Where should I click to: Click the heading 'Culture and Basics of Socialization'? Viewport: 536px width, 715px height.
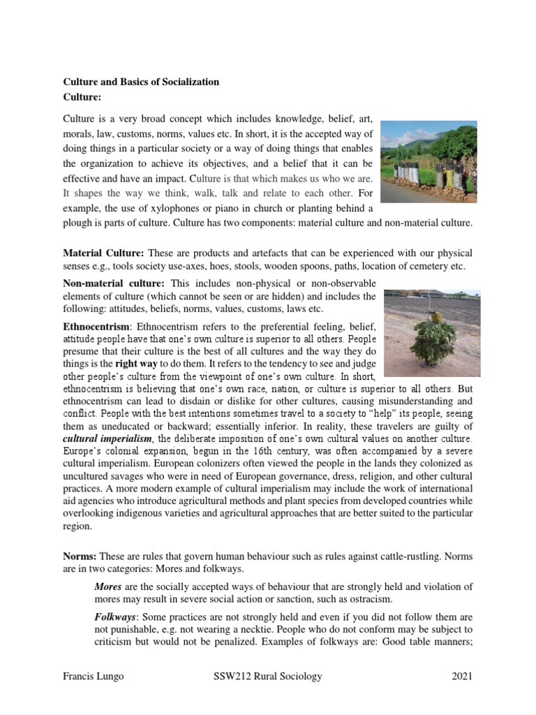click(x=142, y=82)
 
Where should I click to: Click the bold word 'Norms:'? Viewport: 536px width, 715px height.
click(x=80, y=556)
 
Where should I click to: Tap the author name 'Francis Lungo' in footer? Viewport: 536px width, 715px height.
click(x=93, y=676)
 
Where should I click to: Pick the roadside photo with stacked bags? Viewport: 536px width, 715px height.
click(x=429, y=162)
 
